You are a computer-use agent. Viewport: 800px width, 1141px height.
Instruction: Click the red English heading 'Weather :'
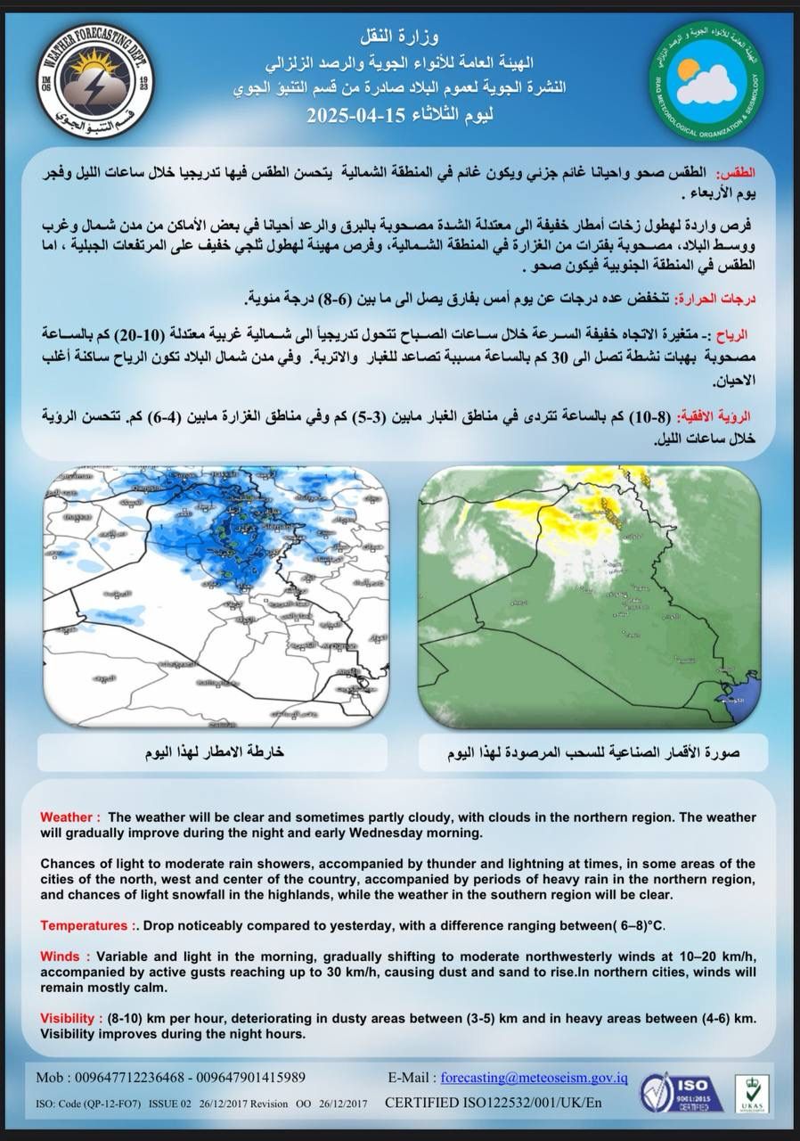[x=70, y=817]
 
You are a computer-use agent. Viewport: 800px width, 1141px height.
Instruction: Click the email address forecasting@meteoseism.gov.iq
[x=535, y=1078]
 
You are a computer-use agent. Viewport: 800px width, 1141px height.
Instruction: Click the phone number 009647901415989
[x=250, y=1078]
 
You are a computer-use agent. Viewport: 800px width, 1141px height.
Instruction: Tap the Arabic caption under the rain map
[x=214, y=753]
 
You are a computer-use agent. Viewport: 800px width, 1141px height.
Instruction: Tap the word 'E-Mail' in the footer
[x=410, y=1078]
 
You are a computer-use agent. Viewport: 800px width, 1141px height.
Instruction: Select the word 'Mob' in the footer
[x=50, y=1078]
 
